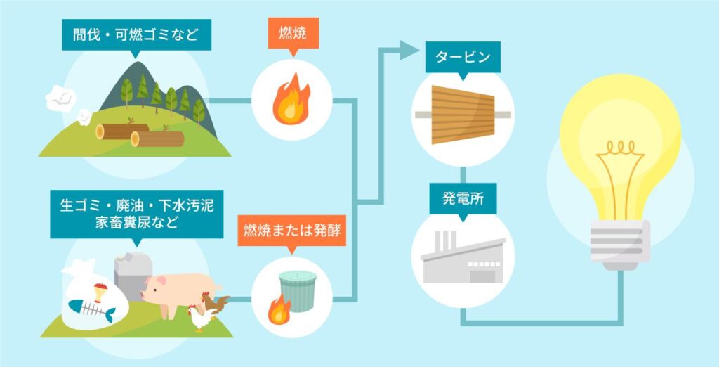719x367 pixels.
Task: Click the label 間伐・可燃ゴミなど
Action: click(136, 34)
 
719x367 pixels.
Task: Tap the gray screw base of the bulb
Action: click(620, 243)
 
